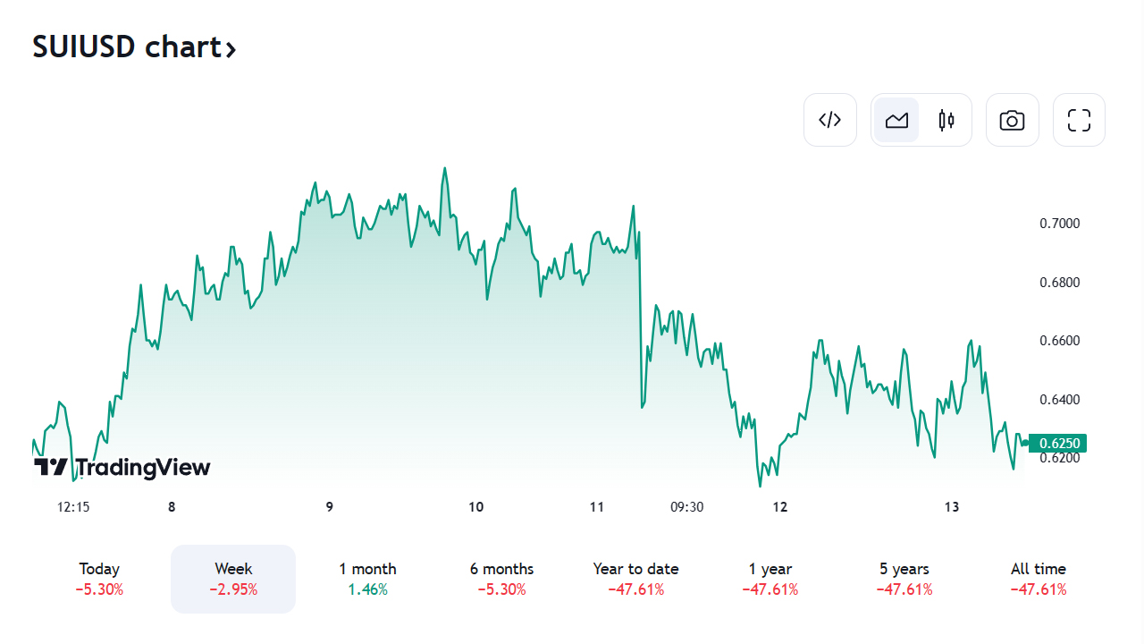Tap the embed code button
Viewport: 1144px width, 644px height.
click(830, 120)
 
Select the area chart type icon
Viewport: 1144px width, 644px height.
click(896, 120)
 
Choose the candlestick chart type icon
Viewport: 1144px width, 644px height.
click(946, 120)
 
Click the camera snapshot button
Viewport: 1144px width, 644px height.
click(1012, 120)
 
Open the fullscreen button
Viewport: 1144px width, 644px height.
click(1079, 120)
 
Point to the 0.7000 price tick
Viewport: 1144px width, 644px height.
click(1059, 224)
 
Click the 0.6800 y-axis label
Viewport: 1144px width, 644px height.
click(1059, 283)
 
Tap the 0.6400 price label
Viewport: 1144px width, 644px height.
click(1059, 399)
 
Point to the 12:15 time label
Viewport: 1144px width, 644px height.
click(73, 507)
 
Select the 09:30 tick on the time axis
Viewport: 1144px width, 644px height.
click(686, 507)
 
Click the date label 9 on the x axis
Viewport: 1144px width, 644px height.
click(330, 507)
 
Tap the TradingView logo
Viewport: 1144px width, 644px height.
click(122, 467)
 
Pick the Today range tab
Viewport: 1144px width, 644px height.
click(99, 578)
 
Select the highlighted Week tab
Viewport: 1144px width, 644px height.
click(233, 578)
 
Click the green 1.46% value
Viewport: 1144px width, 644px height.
click(367, 589)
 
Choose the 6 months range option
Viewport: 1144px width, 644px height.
click(501, 578)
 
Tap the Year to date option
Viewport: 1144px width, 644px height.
click(635, 578)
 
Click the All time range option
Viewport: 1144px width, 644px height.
click(1038, 578)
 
